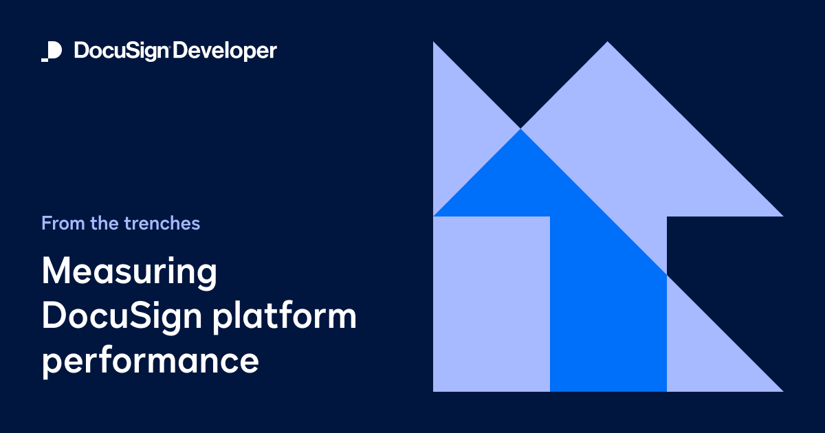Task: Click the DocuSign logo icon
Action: (x=52, y=51)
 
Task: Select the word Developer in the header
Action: (x=225, y=52)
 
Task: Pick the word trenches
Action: (x=162, y=223)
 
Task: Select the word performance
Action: (x=151, y=362)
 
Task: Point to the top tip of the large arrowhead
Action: (x=607, y=44)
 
